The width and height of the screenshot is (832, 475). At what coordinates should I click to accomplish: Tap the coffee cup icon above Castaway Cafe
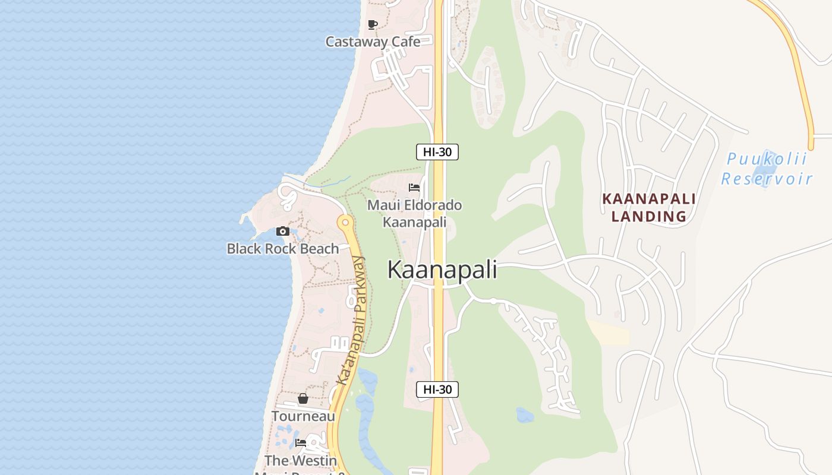(373, 24)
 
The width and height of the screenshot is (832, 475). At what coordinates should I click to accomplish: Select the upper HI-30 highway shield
(437, 152)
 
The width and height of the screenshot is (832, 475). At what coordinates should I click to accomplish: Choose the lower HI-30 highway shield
(437, 389)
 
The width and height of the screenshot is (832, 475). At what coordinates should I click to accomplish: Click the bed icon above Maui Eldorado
(414, 188)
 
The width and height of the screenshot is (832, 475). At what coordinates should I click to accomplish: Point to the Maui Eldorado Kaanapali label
(414, 214)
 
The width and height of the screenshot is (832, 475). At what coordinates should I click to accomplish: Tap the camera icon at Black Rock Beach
(283, 231)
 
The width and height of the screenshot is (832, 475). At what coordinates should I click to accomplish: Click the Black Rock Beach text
(283, 249)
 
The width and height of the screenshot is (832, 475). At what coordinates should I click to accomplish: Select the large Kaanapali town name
(442, 270)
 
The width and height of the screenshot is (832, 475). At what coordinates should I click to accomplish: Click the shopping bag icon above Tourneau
(303, 398)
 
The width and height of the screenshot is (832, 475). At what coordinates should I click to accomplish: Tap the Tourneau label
(303, 416)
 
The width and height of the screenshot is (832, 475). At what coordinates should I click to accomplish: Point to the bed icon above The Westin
(301, 443)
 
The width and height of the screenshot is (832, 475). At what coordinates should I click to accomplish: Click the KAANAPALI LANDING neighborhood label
(649, 207)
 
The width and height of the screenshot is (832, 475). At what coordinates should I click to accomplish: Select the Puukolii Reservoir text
(767, 169)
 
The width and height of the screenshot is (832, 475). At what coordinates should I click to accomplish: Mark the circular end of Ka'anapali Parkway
(345, 223)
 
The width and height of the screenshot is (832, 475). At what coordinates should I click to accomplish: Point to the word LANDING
(649, 216)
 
